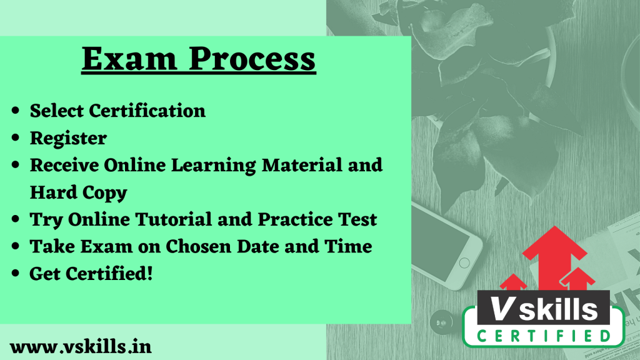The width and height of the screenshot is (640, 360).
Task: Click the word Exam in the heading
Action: [129, 59]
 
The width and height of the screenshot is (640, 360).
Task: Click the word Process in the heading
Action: [252, 59]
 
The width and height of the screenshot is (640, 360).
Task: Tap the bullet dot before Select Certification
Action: [16, 111]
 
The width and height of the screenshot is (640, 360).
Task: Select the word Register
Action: [68, 139]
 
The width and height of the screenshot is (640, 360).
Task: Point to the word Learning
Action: [213, 166]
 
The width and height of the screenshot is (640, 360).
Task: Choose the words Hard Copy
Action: [78, 192]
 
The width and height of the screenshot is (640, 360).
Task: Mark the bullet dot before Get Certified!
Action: [16, 274]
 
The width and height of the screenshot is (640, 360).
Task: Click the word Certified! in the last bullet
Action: [109, 274]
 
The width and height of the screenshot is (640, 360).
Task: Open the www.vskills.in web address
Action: [81, 347]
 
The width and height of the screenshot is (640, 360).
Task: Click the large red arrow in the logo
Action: [554, 257]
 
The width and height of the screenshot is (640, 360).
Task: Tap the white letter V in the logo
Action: [501, 309]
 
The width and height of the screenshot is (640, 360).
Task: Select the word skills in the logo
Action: [558, 309]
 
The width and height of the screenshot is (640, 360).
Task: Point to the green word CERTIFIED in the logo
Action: [544, 336]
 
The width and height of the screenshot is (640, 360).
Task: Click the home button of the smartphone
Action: [464, 263]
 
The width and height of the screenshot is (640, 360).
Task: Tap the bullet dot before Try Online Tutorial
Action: [16, 219]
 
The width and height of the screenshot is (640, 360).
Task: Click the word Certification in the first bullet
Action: [147, 111]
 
